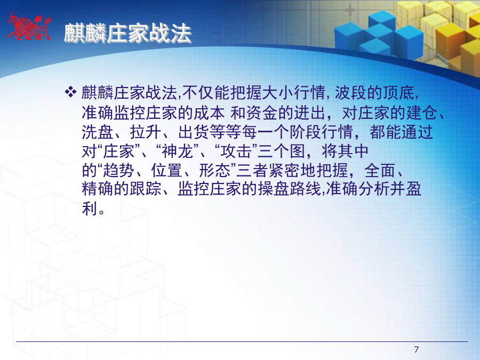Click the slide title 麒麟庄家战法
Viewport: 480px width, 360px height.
pos(127,33)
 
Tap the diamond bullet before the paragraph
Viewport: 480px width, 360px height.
pos(70,92)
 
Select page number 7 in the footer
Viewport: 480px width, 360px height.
pos(417,349)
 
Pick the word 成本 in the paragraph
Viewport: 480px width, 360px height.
pos(210,113)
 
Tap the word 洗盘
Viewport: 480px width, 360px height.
pos(98,132)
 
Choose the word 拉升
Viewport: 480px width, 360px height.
pos(146,132)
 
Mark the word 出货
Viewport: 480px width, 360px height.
pos(194,132)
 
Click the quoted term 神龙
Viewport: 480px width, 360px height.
pos(177,151)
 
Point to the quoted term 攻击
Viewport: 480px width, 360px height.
pos(236,151)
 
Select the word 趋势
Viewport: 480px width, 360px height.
pos(119,171)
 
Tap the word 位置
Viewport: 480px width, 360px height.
pos(167,171)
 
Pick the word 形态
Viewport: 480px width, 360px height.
pos(214,171)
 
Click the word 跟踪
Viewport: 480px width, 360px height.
pos(146,189)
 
